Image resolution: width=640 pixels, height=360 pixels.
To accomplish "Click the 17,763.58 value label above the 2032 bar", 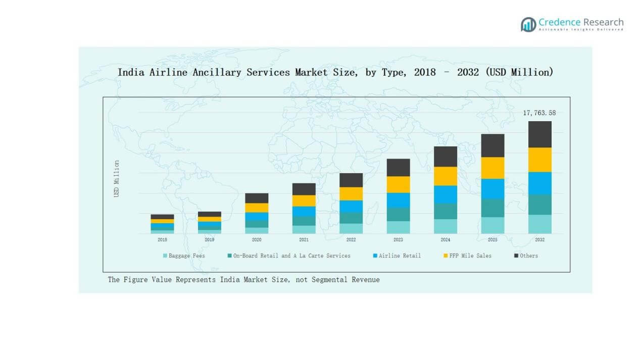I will tap(539, 113).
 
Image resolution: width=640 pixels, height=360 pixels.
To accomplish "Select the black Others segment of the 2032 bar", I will tap(539, 134).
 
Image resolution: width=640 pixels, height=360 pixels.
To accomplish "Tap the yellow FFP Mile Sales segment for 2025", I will tap(493, 168).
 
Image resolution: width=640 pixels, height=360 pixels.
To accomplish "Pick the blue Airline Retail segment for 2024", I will tap(445, 194).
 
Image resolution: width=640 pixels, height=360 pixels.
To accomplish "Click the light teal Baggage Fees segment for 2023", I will tap(398, 227).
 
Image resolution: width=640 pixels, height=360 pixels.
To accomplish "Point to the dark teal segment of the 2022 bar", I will tap(351, 218).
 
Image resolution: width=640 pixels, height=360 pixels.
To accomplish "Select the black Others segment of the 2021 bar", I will tap(304, 189).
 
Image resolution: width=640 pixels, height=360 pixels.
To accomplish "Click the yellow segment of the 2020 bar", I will tap(257, 208).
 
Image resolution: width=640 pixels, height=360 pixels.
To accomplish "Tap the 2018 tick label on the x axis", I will tap(162, 240).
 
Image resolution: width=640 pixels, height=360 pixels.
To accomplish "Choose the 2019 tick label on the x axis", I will tap(209, 240).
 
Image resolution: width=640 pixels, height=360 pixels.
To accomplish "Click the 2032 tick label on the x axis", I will tap(539, 240).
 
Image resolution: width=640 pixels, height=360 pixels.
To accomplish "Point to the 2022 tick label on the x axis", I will tap(351, 240).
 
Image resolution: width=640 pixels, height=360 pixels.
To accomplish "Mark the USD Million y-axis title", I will tap(117, 179).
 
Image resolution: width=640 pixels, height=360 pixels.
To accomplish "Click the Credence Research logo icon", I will tap(528, 24).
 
